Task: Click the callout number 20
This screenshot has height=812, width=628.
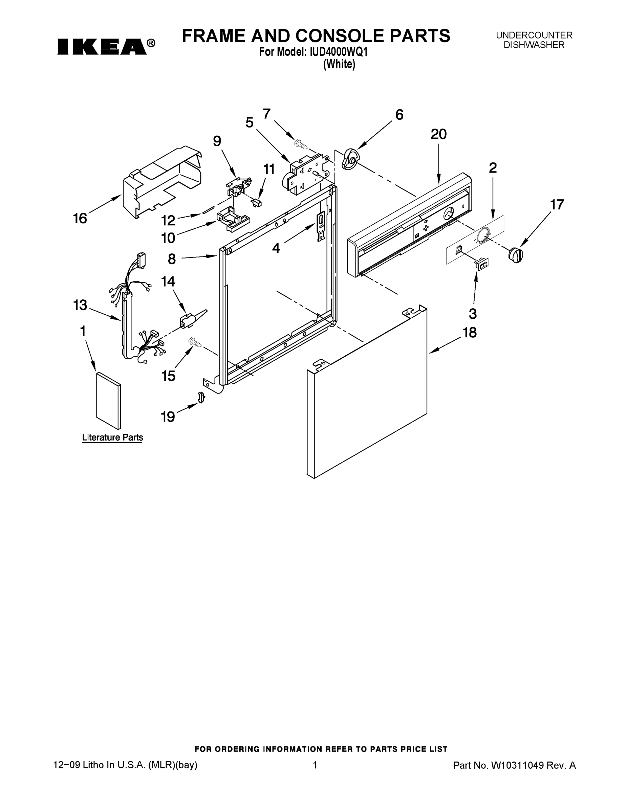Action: pos(439,134)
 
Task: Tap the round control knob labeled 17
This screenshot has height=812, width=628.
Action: pos(515,255)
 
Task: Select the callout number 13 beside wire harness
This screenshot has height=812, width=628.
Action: pos(80,305)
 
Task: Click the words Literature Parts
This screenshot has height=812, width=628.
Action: pos(112,437)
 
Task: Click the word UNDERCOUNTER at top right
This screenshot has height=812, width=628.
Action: pos(534,35)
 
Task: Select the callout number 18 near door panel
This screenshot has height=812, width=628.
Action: pos(470,332)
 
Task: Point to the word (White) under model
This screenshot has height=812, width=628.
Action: pos(339,64)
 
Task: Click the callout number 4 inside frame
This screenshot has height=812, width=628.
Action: pos(276,248)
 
